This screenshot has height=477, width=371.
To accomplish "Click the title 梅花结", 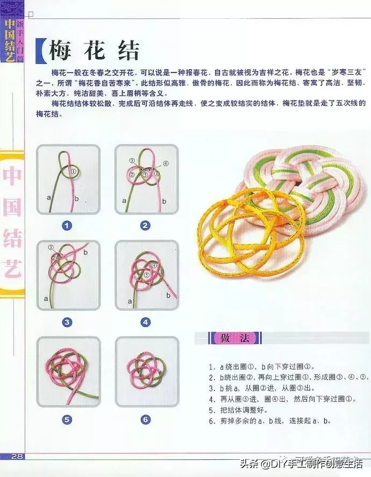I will pyautogui.click(x=95, y=51).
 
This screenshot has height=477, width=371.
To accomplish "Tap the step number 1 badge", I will pyautogui.click(x=67, y=226).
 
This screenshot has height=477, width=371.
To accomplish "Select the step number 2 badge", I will pyautogui.click(x=145, y=226).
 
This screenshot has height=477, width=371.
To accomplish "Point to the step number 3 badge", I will pyautogui.click(x=67, y=323).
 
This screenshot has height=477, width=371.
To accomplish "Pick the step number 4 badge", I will pyautogui.click(x=145, y=323).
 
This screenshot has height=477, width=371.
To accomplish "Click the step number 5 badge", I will pyautogui.click(x=67, y=419).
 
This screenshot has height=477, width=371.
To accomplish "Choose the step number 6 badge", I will pyautogui.click(x=145, y=419).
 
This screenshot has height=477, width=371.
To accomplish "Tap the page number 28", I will pyautogui.click(x=16, y=457).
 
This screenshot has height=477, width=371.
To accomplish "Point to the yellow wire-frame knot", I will pyautogui.click(x=251, y=226).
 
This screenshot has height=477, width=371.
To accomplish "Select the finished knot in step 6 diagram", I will pyautogui.click(x=146, y=371).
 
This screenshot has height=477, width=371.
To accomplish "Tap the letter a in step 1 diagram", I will pyautogui.click(x=49, y=198).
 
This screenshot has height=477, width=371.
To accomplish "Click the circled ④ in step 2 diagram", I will pyautogui.click(x=166, y=163).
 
